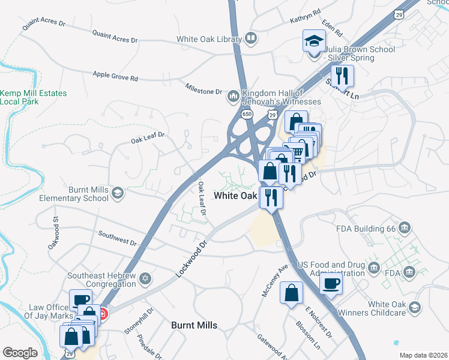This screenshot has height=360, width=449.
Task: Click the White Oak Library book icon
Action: [x=252, y=40]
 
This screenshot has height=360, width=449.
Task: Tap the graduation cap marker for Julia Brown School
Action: [x=313, y=41]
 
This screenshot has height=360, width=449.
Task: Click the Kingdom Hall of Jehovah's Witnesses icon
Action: [x=233, y=96]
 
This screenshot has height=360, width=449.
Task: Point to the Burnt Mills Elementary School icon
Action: [x=118, y=193]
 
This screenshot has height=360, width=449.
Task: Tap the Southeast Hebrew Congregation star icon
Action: [x=145, y=279]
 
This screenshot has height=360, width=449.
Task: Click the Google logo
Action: [x=20, y=352]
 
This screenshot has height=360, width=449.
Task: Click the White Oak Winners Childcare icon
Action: [x=414, y=308]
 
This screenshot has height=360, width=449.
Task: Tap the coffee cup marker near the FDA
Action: [x=331, y=283]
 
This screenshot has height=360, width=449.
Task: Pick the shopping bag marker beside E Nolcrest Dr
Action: [x=291, y=293]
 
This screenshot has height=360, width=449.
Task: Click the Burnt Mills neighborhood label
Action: [x=194, y=325]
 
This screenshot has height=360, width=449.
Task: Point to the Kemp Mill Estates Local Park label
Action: [x=33, y=98]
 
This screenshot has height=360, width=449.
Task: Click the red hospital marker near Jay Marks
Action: [x=103, y=313]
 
